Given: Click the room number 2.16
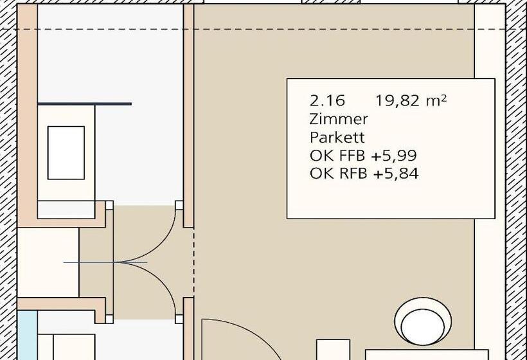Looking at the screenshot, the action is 327,100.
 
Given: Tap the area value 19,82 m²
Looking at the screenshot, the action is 411,100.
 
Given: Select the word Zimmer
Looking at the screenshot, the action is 339,119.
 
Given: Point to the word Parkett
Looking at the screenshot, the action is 337,137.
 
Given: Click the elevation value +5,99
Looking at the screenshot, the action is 394,156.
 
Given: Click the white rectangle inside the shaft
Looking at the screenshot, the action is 66,152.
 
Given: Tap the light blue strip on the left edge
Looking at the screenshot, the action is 27,335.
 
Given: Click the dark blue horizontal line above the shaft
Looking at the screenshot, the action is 84,104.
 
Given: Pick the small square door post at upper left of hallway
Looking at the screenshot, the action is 109,205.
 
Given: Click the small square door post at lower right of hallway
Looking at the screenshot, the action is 179,319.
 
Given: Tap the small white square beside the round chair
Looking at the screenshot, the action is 333,350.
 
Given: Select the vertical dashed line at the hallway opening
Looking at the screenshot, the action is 193,263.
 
